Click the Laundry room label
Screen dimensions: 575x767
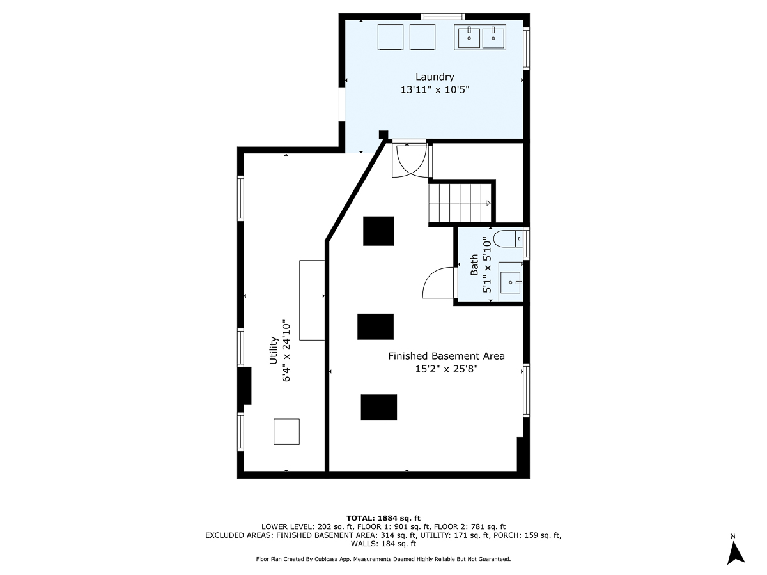[435, 77]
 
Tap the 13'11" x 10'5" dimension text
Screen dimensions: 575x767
[435, 90]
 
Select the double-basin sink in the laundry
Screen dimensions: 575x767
[480, 37]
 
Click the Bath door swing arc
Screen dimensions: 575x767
[437, 283]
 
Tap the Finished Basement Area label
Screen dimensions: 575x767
[446, 356]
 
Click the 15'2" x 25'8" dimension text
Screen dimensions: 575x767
[446, 369]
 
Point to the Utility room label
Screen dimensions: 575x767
[273, 351]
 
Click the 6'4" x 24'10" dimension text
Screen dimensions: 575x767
[286, 351]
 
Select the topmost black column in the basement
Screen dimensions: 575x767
[378, 231]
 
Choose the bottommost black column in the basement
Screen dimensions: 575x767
[378, 407]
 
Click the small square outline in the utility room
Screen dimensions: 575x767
[286, 431]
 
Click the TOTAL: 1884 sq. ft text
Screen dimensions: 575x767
[383, 517]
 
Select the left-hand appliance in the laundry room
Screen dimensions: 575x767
[390, 37]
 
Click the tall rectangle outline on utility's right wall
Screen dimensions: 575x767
[312, 300]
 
